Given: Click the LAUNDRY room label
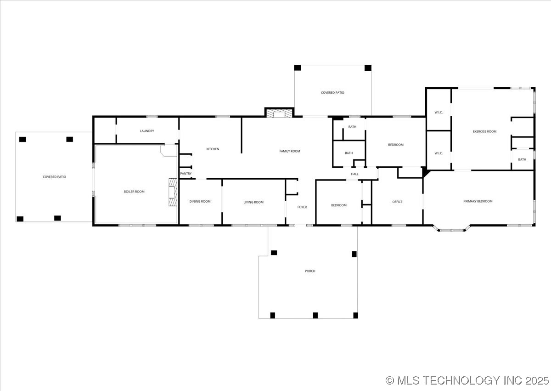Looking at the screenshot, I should (x=147, y=131).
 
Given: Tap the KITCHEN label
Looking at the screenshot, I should (x=213, y=149).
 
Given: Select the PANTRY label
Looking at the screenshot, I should (x=186, y=174).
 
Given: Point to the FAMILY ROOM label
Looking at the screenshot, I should (x=290, y=151).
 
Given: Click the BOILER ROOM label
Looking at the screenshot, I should (x=134, y=192).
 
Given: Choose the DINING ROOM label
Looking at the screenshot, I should (x=200, y=201).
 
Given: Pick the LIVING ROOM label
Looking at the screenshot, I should (x=253, y=202).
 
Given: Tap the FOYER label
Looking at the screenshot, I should (x=302, y=207).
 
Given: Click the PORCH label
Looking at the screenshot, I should (x=310, y=271).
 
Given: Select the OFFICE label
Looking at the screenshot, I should (x=397, y=202).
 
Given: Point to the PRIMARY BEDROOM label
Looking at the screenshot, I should (x=478, y=201).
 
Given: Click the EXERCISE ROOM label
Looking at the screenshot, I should (x=484, y=131).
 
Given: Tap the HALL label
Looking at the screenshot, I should (x=354, y=174).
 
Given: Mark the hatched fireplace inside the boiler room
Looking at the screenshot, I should (x=172, y=193).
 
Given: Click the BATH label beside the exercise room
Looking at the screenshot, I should (x=522, y=159).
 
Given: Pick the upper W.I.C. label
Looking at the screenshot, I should (x=439, y=112).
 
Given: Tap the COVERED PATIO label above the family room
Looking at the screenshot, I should (x=332, y=93).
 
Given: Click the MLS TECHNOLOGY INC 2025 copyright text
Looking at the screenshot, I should (x=467, y=380).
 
